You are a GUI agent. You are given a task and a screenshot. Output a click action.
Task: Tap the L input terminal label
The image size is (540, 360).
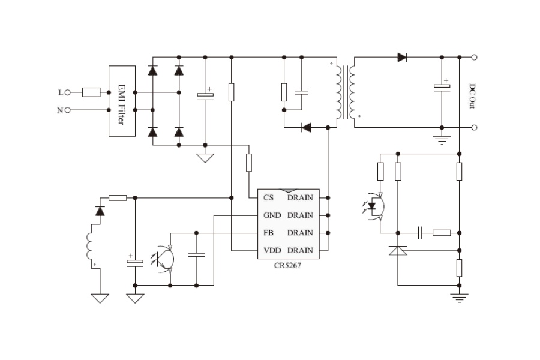tap(60, 92)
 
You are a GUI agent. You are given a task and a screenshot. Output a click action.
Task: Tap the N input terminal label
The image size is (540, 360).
tap(60, 110)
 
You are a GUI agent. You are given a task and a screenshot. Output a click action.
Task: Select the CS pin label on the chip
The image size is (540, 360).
tap(268, 197)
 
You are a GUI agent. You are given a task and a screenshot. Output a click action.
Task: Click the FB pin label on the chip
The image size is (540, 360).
tap(268, 233)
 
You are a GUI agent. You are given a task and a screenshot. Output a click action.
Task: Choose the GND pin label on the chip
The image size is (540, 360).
tap(271, 215)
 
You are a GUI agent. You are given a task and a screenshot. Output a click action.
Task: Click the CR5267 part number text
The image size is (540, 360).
tap(287, 266)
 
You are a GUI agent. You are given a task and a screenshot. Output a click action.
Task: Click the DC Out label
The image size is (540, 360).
tap(472, 95)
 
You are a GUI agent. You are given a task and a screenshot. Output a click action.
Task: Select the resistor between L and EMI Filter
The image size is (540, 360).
tap(91, 92)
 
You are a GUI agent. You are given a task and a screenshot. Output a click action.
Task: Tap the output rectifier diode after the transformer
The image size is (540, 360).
tap(402, 58)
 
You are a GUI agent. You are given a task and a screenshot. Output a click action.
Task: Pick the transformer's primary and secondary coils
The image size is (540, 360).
tap(346, 92)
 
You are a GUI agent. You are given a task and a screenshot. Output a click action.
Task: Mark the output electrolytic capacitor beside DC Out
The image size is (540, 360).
tap(442, 87)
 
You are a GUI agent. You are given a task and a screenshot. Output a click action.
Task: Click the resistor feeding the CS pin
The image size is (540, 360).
tap(249, 162)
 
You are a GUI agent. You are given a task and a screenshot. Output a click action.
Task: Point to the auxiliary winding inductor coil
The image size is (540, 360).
tap(93, 246)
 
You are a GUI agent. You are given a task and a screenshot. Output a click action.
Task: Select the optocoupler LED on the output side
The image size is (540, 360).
tap(373, 207)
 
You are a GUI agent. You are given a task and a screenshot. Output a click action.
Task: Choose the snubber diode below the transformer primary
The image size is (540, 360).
tap(306, 127)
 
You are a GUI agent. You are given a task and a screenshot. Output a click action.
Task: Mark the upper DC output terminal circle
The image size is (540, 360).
tap(475, 58)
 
